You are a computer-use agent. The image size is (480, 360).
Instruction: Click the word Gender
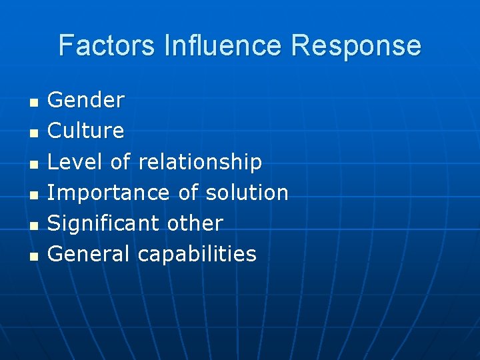86,100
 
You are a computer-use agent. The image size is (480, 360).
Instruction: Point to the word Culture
86,131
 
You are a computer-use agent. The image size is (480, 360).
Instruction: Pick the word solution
247,193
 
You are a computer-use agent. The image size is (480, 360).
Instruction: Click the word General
89,254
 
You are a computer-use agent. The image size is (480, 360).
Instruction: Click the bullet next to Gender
33,102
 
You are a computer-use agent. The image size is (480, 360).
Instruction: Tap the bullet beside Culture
33,133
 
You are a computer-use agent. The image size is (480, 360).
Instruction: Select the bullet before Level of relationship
33,163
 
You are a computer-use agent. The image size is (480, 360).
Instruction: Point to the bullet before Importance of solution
33,195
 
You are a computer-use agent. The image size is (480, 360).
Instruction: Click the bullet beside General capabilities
33,256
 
